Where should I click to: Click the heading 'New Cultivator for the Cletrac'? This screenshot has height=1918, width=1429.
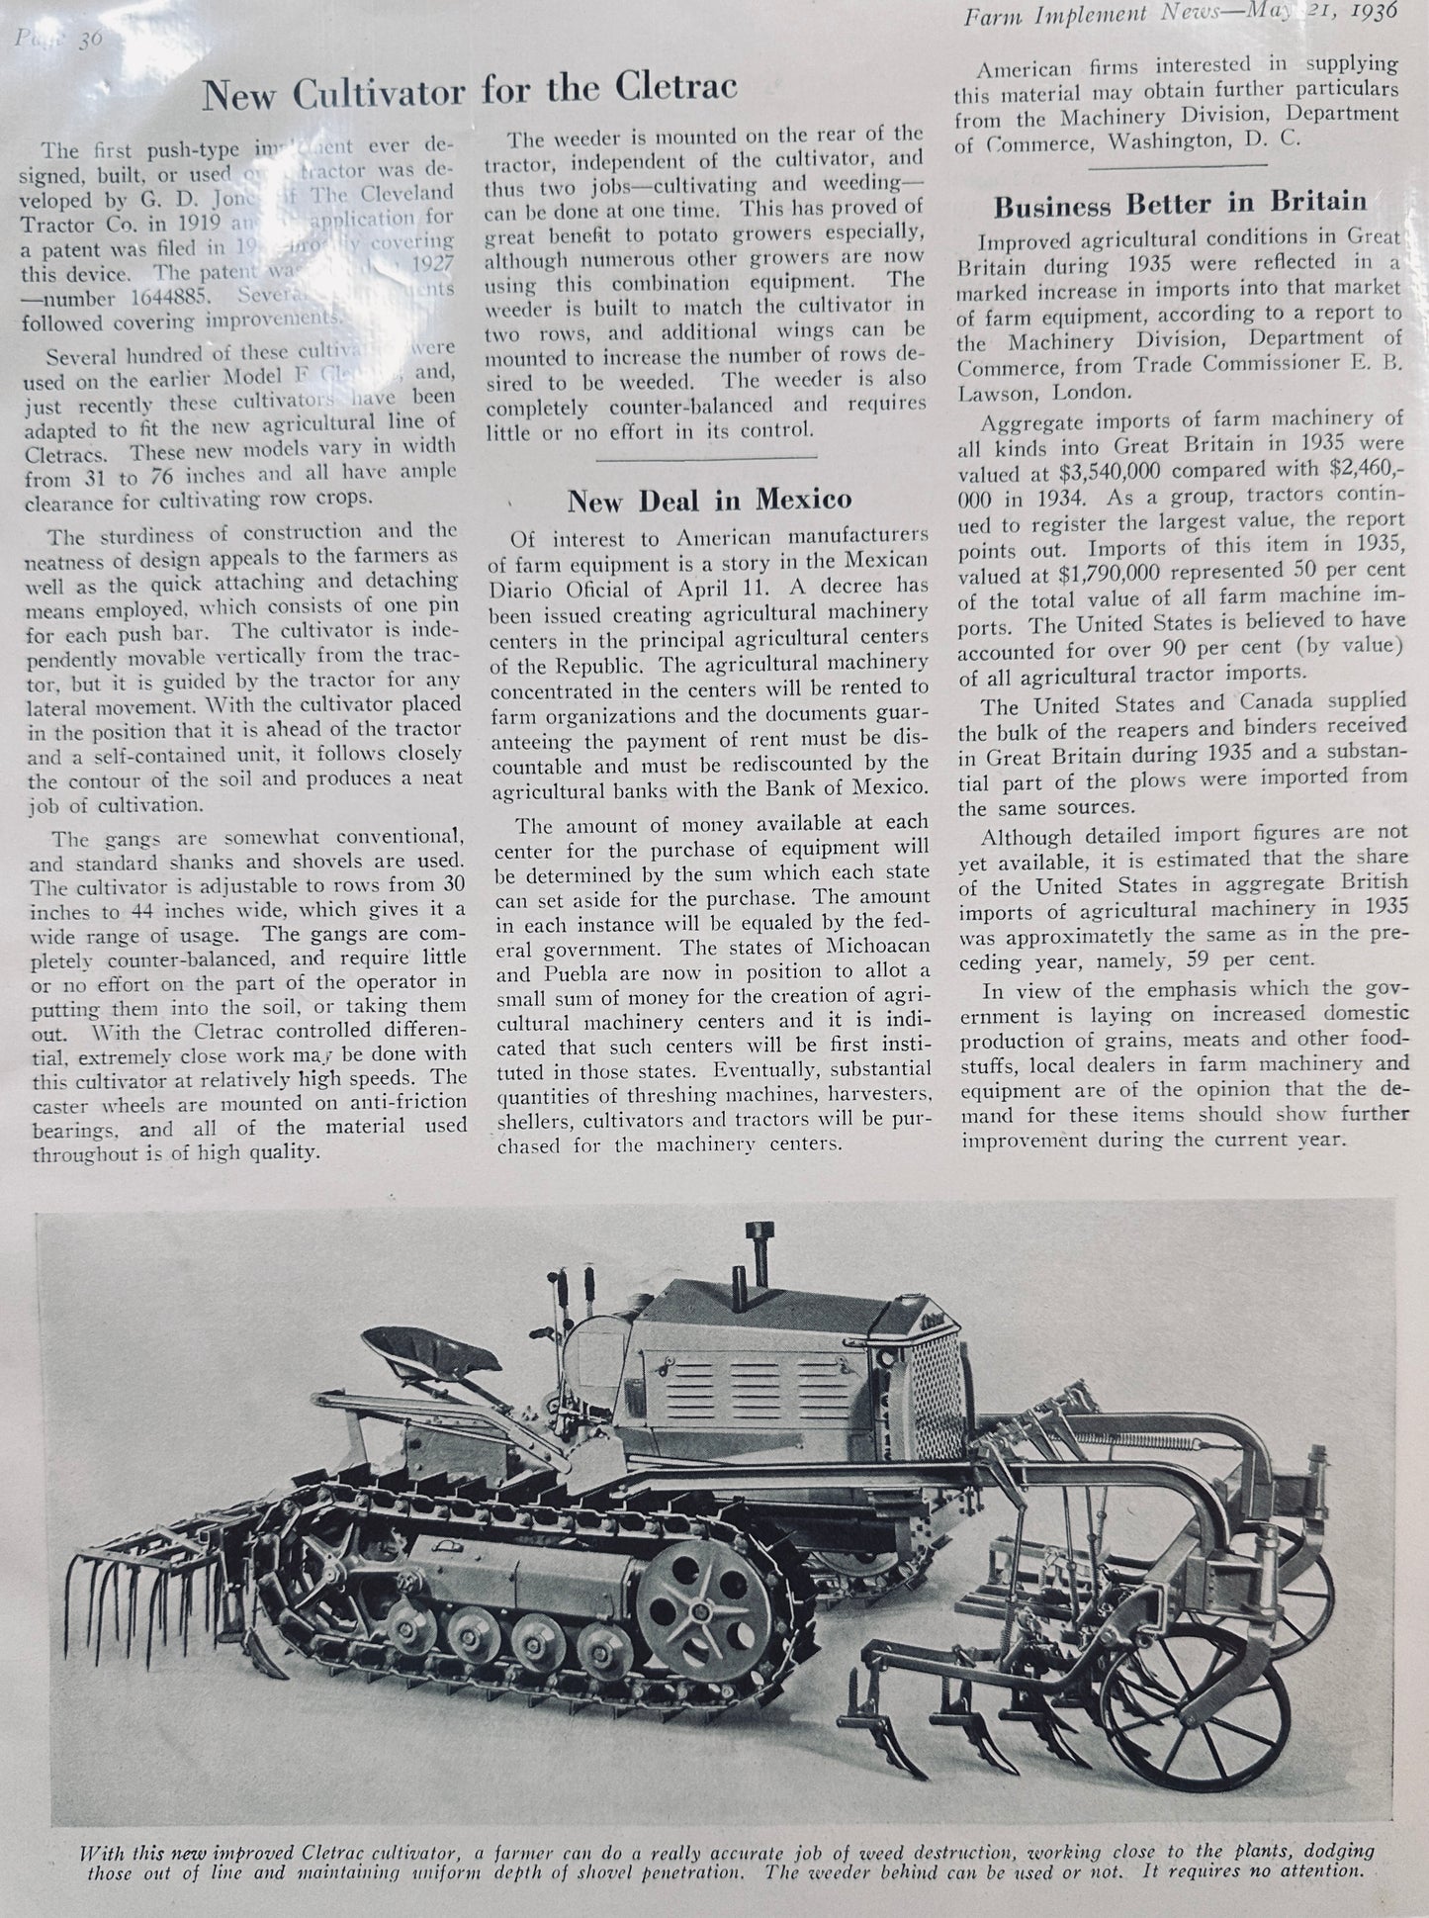pos(470,91)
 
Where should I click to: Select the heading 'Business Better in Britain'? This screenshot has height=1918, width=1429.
pos(1180,205)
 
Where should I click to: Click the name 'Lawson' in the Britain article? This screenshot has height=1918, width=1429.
pos(1001,391)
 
